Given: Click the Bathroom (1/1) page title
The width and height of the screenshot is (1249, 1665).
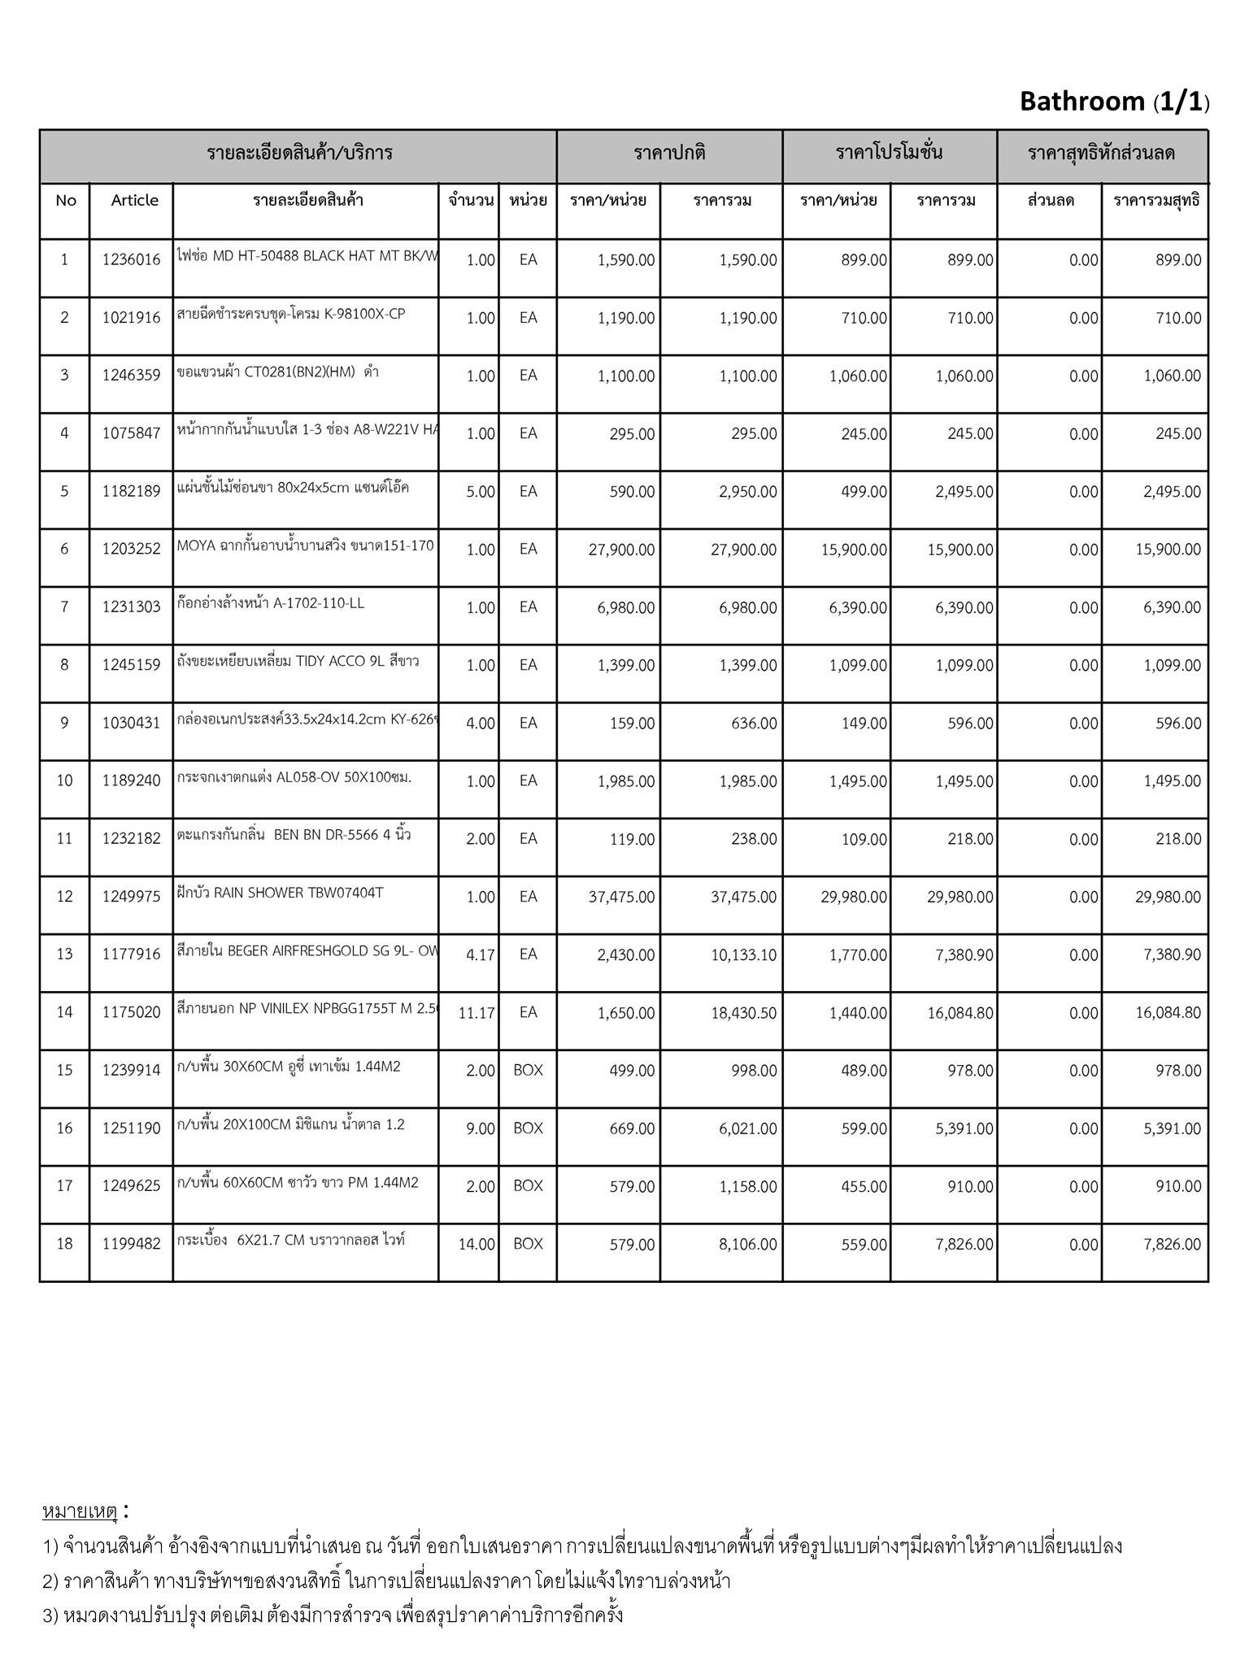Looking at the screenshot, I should [x=1113, y=102].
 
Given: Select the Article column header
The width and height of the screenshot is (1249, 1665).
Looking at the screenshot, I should [x=135, y=200].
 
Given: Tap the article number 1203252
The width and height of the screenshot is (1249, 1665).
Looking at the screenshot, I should [x=132, y=550].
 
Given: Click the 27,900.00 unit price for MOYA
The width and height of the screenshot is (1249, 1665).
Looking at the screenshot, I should [x=621, y=550].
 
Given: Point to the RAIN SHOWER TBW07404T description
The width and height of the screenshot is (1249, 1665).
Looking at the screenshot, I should [x=280, y=893].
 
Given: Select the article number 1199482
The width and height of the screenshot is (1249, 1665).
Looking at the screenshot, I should [x=132, y=1244].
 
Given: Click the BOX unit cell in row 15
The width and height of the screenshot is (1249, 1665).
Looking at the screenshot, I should [x=528, y=1071].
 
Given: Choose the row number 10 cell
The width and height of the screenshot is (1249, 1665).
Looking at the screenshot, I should [x=64, y=781].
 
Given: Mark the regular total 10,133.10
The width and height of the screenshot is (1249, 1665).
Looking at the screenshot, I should [x=743, y=955].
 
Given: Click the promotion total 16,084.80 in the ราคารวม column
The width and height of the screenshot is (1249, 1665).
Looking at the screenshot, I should [x=960, y=1014].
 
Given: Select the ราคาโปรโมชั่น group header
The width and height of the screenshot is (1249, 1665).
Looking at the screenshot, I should [x=890, y=153].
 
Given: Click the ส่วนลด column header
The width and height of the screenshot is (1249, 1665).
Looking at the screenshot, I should [x=1051, y=200].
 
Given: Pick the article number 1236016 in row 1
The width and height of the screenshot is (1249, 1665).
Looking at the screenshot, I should [x=132, y=260].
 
